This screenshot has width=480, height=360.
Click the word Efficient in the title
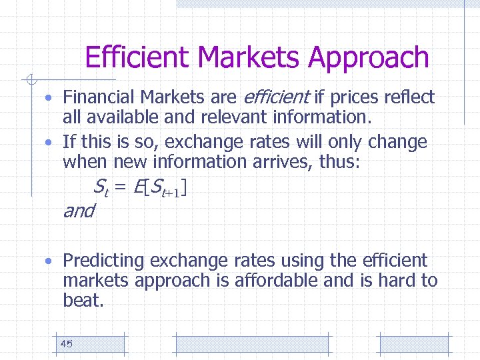[137, 57]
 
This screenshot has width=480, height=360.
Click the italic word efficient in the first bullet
[275, 97]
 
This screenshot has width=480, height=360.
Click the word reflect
[409, 97]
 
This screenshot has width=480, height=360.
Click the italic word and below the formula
[79, 211]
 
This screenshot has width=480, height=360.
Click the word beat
[83, 301]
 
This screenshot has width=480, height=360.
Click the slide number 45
[66, 344]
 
